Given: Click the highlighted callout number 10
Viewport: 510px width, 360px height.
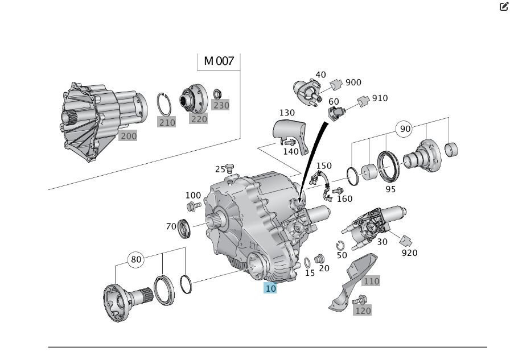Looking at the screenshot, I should [x=270, y=288].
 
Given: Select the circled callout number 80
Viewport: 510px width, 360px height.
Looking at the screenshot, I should [x=135, y=260].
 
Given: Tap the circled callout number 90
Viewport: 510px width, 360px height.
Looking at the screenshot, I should [x=405, y=129].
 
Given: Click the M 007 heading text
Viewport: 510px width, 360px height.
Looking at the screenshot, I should [x=219, y=61].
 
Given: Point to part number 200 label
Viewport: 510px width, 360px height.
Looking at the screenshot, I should [x=129, y=136].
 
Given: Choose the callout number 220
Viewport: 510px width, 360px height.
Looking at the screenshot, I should [x=199, y=119].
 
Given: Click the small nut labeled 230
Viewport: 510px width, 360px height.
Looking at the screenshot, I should [x=217, y=93].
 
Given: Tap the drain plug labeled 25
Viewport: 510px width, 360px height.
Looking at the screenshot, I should [x=230, y=167].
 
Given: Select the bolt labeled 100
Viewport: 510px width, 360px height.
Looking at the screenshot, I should [x=192, y=205].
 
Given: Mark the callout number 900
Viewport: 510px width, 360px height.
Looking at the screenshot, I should [x=353, y=82].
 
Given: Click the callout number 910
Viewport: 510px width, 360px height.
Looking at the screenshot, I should [x=380, y=98].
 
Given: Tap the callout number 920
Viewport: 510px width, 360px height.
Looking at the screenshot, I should [x=409, y=253].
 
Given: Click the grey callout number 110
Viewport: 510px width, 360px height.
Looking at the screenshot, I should [x=371, y=281].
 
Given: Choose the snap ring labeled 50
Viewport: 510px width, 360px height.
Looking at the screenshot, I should [x=340, y=246].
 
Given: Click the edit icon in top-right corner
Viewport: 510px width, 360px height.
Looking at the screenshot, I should [x=503, y=7].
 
